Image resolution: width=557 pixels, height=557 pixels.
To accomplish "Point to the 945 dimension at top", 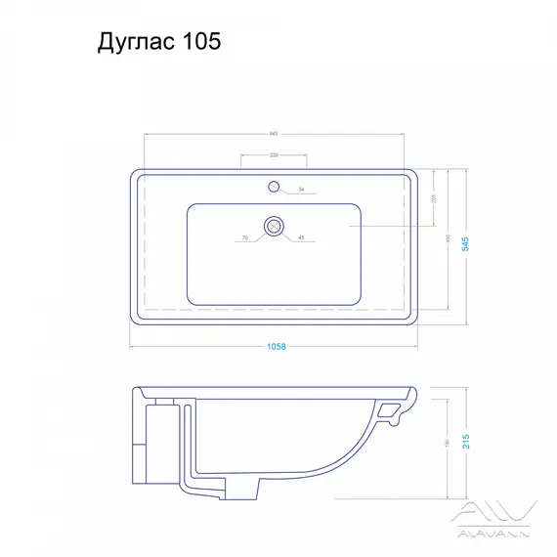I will (275, 134).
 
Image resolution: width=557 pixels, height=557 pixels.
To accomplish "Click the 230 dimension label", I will (275, 155).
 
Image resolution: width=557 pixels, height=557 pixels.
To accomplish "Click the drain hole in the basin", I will (275, 226).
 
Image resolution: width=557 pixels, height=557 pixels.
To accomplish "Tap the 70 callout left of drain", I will (246, 237).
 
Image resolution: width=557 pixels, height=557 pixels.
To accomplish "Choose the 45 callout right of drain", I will (301, 237).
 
